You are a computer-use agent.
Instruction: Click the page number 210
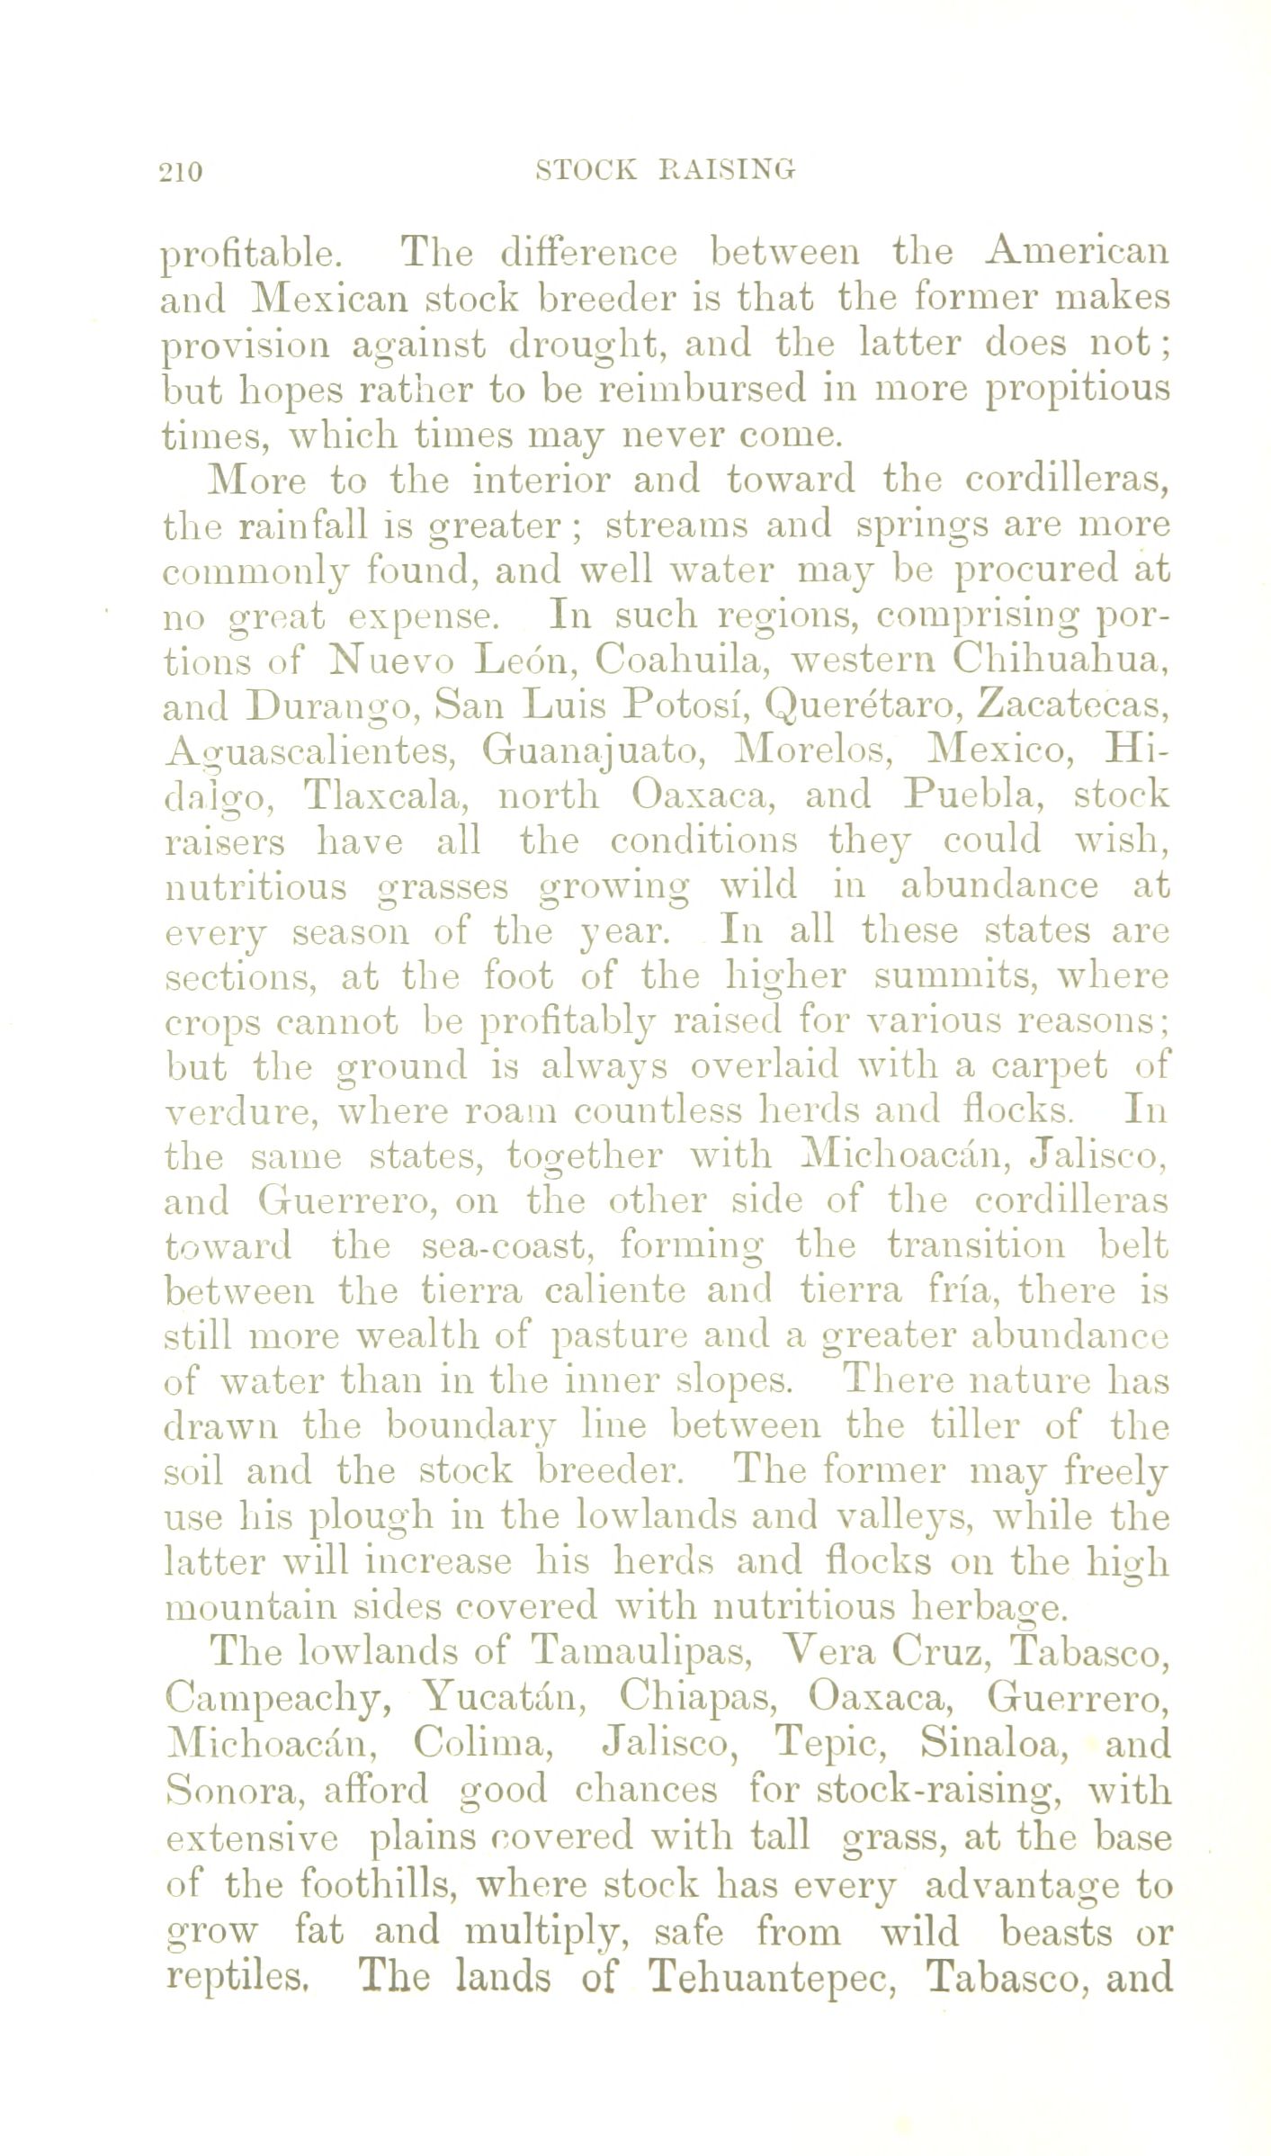tap(182, 171)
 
